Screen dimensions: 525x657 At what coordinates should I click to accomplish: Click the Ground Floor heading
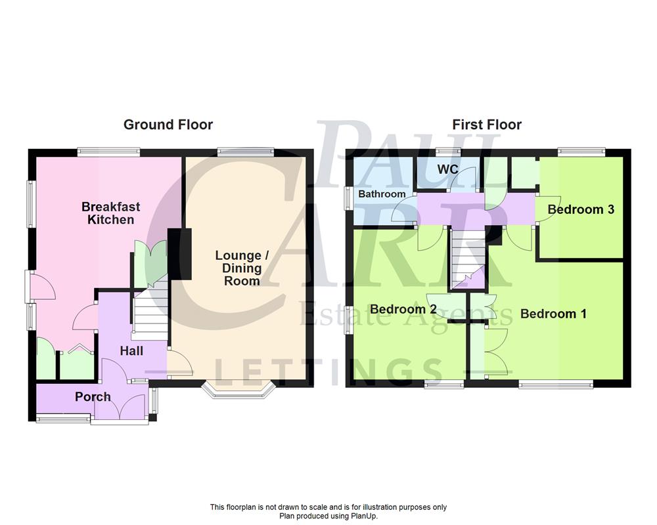click(x=168, y=124)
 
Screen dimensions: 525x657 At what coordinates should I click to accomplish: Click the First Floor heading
click(x=487, y=124)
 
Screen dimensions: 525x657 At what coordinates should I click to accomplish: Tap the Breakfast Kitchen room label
click(x=111, y=213)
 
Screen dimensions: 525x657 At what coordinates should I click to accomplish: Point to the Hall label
click(x=131, y=351)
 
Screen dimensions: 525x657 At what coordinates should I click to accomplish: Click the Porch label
click(x=93, y=396)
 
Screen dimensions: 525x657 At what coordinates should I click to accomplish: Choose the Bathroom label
click(x=382, y=194)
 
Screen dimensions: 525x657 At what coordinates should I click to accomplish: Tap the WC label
click(x=447, y=169)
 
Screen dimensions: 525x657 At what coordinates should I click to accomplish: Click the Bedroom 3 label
click(x=581, y=209)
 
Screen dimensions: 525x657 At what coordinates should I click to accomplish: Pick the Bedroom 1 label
click(x=553, y=314)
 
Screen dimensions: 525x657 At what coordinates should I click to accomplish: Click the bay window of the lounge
click(x=237, y=392)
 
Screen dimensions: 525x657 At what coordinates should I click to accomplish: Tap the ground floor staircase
click(x=150, y=312)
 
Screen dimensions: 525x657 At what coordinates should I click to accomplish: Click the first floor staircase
click(x=467, y=259)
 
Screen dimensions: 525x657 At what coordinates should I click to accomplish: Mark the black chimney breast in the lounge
click(x=179, y=255)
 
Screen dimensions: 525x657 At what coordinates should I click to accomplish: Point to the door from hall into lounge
click(x=178, y=364)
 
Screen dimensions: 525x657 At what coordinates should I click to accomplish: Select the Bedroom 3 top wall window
click(x=581, y=152)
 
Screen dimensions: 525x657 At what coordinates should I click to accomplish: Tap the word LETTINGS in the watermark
click(x=328, y=371)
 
